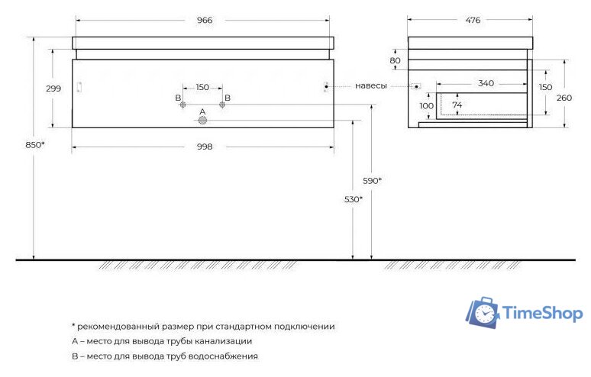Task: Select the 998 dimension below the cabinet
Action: coord(203,146)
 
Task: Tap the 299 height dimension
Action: coord(53,89)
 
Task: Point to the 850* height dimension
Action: coord(34,144)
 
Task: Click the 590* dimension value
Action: coord(372,180)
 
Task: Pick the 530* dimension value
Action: coord(351,198)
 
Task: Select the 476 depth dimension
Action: coord(472,20)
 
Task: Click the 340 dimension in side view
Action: coord(486,82)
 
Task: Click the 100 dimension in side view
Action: coord(427,105)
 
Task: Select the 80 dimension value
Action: coord(395,60)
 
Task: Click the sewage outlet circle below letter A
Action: coord(202,121)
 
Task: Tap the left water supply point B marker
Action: coord(182,104)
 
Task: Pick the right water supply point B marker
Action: coord(222,104)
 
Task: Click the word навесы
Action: coord(371,85)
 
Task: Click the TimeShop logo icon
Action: coord(483,312)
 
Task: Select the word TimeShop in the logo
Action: coord(542,314)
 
